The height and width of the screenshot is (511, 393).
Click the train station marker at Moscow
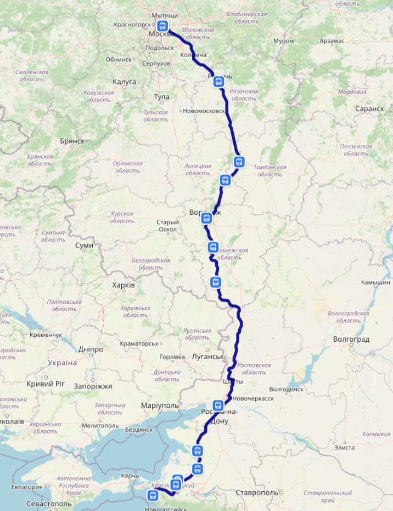click(162, 26)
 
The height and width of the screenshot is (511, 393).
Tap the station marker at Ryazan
click(218, 82)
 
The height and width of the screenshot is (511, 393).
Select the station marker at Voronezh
click(206, 219)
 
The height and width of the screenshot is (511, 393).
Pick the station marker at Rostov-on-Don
click(218, 406)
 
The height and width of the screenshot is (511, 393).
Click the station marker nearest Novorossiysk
click(152, 496)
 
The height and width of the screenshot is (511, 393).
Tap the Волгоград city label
click(351, 339)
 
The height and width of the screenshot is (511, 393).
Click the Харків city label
click(123, 285)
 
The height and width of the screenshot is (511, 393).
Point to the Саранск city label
click(369, 109)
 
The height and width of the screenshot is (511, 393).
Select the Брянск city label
click(72, 141)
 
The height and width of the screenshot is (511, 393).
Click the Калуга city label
click(124, 82)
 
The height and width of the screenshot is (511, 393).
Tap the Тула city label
click(161, 97)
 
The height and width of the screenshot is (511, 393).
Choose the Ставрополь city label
click(257, 492)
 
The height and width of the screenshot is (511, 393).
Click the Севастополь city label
click(49, 503)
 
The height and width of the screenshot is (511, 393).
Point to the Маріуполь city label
click(160, 406)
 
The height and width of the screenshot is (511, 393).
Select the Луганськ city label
click(207, 357)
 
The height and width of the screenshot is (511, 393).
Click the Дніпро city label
click(91, 349)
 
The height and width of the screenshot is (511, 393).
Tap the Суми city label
click(84, 245)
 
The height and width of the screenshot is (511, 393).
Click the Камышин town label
click(375, 282)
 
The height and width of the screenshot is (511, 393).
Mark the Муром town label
click(283, 41)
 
